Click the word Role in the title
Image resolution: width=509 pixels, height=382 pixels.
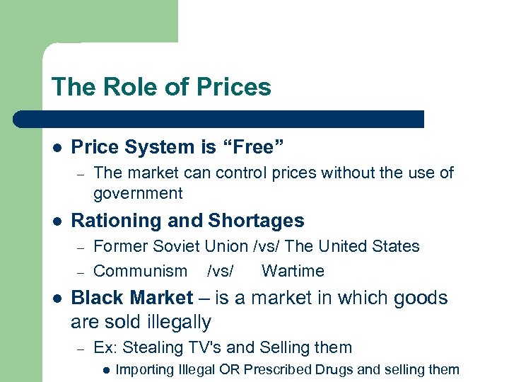coord(127,87)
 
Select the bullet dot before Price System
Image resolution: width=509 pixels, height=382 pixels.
coord(57,147)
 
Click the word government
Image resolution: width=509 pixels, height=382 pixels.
coord(138,193)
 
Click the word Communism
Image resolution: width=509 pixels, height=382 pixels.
coord(140,271)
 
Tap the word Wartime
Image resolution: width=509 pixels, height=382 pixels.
coord(293,271)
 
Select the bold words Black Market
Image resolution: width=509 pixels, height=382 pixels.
coord(131,298)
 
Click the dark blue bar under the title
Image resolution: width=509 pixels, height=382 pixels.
coord(219,118)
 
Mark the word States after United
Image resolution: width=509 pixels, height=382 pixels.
coord(398,246)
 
